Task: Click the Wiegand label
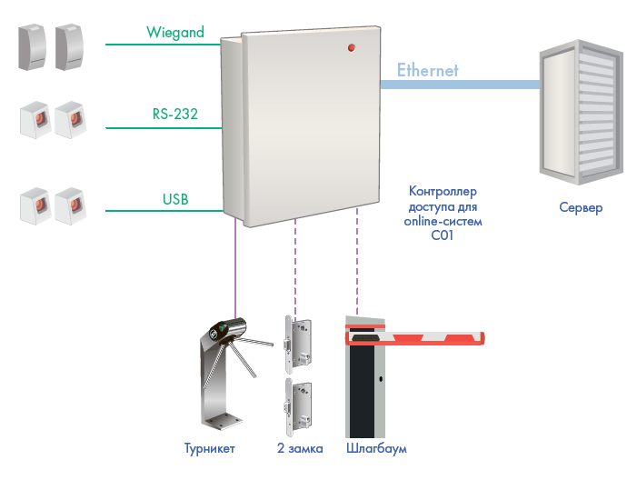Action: [x=175, y=33]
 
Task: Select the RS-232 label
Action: [x=175, y=115]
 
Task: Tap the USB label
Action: [x=175, y=198]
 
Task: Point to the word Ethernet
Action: [x=427, y=69]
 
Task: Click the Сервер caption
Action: [x=581, y=208]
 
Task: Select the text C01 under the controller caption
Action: [x=443, y=235]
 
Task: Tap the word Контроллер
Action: [x=443, y=193]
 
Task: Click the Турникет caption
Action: [x=210, y=449]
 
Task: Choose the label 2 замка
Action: [x=300, y=449]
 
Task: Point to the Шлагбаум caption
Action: [x=376, y=449]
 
